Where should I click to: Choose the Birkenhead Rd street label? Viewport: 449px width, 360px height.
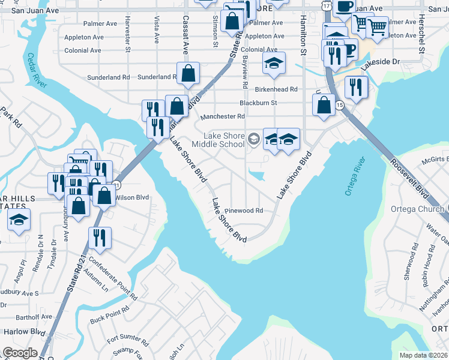pyautogui.click(x=277, y=89)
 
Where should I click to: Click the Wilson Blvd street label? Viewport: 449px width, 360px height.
pyautogui.click(x=131, y=197)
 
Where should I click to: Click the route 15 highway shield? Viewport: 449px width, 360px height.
pyautogui.click(x=340, y=106)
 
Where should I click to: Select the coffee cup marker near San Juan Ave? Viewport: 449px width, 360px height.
pyautogui.click(x=345, y=6)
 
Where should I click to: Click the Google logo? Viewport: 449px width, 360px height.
pyautogui.click(x=20, y=353)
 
